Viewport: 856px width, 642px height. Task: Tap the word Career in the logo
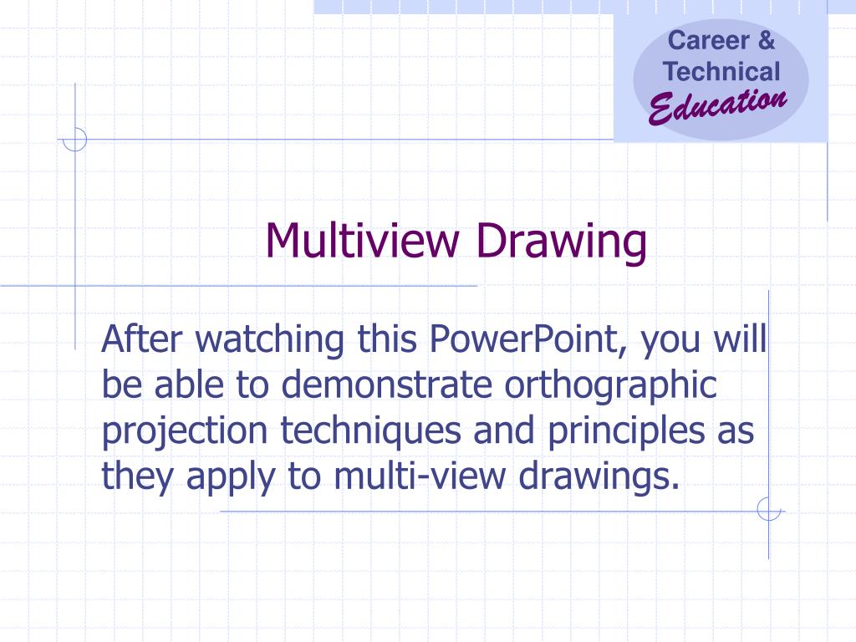coord(700,40)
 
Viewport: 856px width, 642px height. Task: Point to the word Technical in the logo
coord(721,72)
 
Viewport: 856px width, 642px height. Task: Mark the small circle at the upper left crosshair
coord(75,140)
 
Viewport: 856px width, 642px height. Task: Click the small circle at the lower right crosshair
coord(768,508)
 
